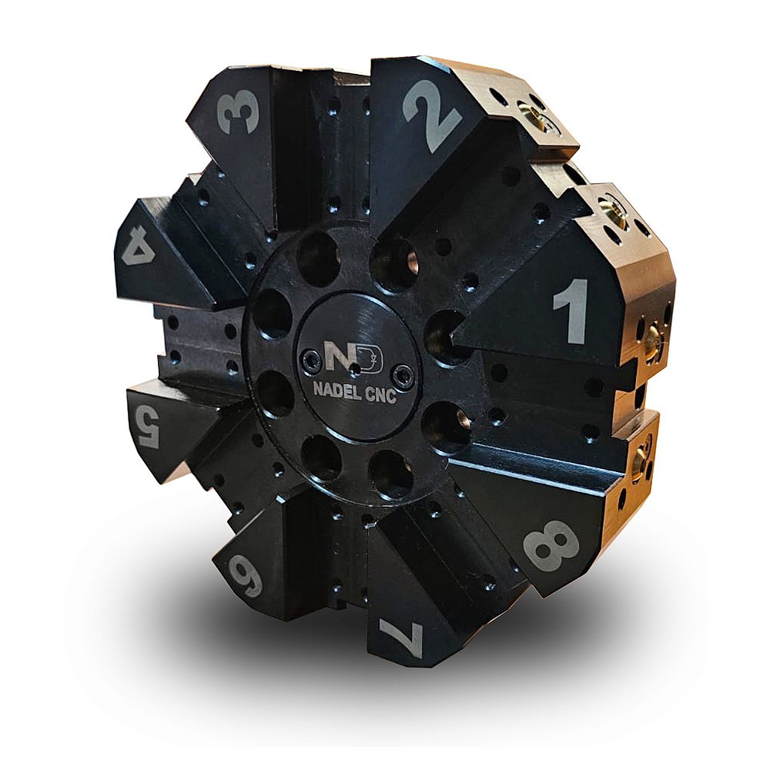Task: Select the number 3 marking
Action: (x=239, y=113)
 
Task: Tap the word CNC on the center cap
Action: (x=381, y=396)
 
